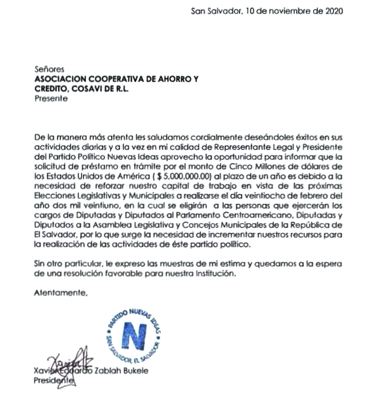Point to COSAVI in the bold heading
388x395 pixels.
coord(88,89)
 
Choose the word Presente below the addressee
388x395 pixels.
coord(50,99)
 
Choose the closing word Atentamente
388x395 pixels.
coord(61,294)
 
